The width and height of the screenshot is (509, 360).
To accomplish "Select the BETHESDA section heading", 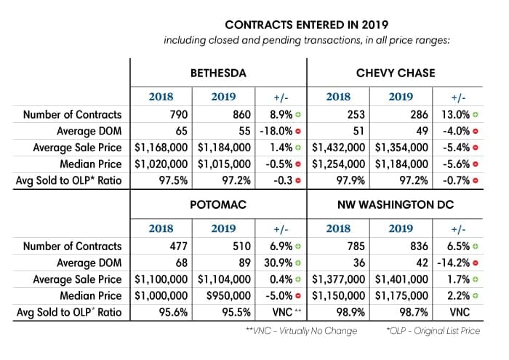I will point(218,73).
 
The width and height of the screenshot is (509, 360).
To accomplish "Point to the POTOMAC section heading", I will point(219,206).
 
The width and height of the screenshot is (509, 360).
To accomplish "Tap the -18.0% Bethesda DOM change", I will point(275,131).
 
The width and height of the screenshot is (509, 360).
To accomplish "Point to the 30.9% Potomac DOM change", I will point(276,263).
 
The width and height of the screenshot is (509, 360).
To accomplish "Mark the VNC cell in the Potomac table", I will point(277,313).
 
